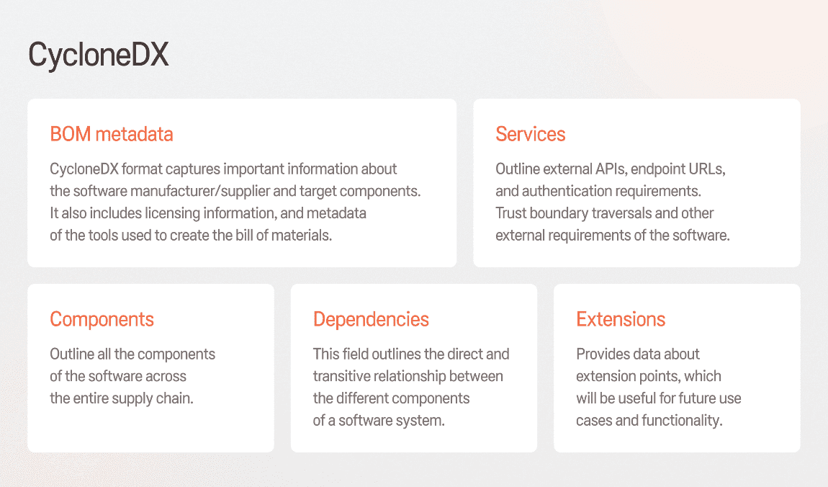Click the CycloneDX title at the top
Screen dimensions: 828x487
pos(99,55)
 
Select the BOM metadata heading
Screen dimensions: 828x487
pos(112,134)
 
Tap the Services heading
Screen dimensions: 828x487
pos(530,134)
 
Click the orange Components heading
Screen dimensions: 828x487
pos(102,320)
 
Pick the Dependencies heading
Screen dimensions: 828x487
pos(371,320)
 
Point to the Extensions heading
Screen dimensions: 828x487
pos(621,319)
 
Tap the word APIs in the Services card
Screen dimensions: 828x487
pos(611,169)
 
